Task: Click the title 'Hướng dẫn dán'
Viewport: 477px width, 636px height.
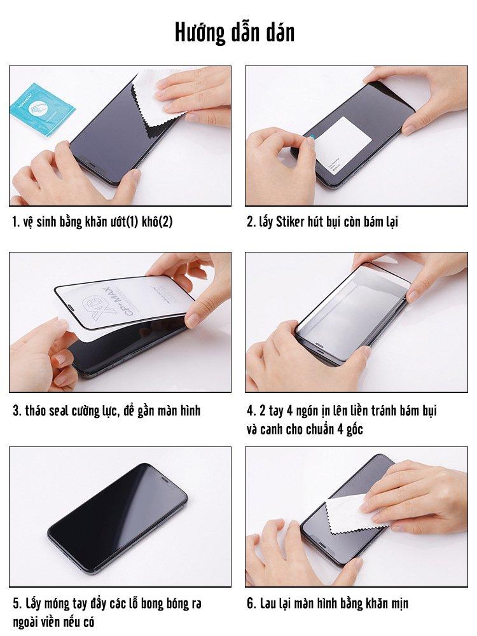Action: pyautogui.click(x=235, y=32)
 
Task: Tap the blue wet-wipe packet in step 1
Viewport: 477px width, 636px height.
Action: pyautogui.click(x=41, y=109)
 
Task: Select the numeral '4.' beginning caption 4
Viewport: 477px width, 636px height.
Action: pyautogui.click(x=250, y=410)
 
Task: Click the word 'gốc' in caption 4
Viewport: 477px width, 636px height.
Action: pyautogui.click(x=354, y=429)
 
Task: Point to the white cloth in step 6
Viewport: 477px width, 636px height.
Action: pyautogui.click(x=354, y=513)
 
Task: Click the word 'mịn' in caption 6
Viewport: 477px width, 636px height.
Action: pyautogui.click(x=400, y=604)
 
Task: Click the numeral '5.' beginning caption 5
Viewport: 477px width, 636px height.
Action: pyautogui.click(x=17, y=604)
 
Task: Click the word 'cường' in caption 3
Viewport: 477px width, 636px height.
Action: pyautogui.click(x=85, y=411)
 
